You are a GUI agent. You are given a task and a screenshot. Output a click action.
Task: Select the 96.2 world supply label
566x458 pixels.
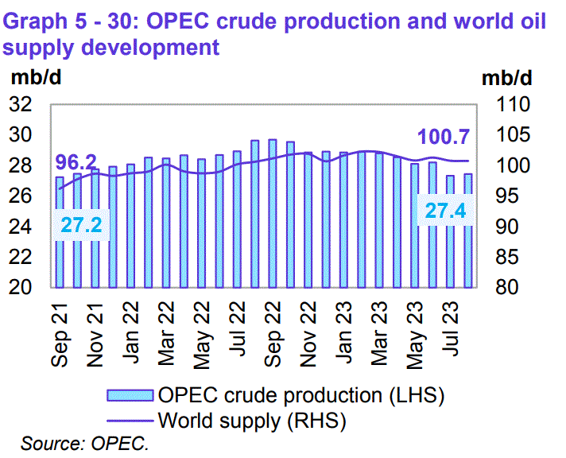[x=76, y=163]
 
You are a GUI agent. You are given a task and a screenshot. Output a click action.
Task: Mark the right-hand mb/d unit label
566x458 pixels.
[x=506, y=78]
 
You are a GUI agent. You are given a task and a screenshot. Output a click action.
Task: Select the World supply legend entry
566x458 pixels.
[x=254, y=417]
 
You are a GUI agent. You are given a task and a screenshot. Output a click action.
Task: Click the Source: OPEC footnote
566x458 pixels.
[x=85, y=443]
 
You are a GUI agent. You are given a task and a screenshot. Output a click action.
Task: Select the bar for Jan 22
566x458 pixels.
[x=130, y=226]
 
